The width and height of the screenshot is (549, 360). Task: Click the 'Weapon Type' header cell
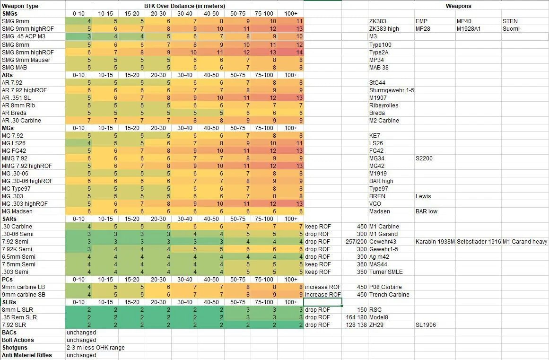click(20, 6)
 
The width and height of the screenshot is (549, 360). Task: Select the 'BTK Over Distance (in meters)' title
click(184, 6)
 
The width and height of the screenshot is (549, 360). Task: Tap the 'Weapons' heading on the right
click(458, 6)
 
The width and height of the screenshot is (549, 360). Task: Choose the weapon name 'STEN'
click(511, 21)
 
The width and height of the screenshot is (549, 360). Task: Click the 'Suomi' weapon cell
click(511, 29)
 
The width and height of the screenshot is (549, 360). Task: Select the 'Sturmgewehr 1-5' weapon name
click(392, 90)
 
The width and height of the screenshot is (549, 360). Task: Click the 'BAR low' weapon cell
click(427, 211)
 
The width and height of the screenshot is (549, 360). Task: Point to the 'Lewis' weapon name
click(423, 196)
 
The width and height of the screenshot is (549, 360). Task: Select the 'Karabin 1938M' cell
click(435, 242)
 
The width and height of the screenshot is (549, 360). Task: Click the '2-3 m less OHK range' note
click(96, 348)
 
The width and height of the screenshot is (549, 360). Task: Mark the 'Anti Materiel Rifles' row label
click(27, 355)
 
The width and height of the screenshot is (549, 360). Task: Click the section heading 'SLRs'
click(9, 302)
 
